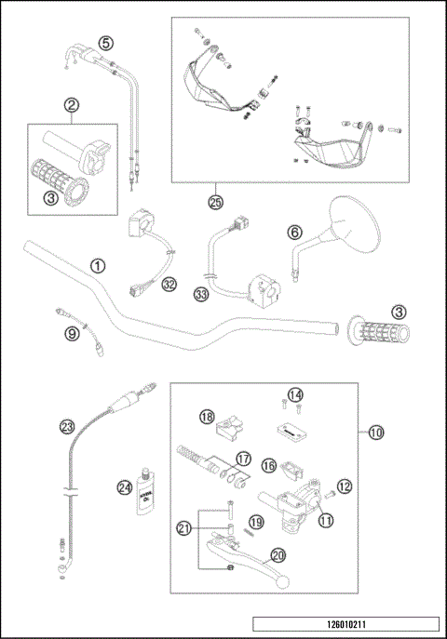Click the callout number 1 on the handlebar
click(x=97, y=265)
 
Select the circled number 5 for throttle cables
click(x=105, y=43)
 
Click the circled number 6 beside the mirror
click(x=292, y=233)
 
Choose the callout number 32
click(x=169, y=285)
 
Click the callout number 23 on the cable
click(x=66, y=427)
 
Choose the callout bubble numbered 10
click(x=375, y=432)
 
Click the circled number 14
click(x=295, y=395)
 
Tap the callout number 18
click(x=207, y=417)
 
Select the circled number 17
click(x=242, y=459)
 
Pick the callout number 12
click(x=344, y=485)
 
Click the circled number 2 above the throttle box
click(x=71, y=107)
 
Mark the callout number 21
click(x=184, y=527)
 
